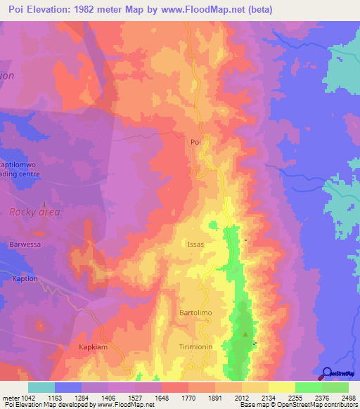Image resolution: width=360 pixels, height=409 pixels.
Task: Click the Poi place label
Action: [196, 141]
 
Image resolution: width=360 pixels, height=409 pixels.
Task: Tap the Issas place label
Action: [195, 244]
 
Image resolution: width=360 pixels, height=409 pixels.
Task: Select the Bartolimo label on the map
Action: [196, 311]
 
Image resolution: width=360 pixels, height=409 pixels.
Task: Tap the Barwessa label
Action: [27, 245]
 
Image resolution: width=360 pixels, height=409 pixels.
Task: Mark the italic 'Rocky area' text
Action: [34, 212]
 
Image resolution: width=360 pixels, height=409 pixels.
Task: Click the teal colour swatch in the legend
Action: [41, 387]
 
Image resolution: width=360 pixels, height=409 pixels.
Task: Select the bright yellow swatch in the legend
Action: [281, 387]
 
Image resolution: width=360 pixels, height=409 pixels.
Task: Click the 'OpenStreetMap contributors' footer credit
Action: [316, 405]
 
